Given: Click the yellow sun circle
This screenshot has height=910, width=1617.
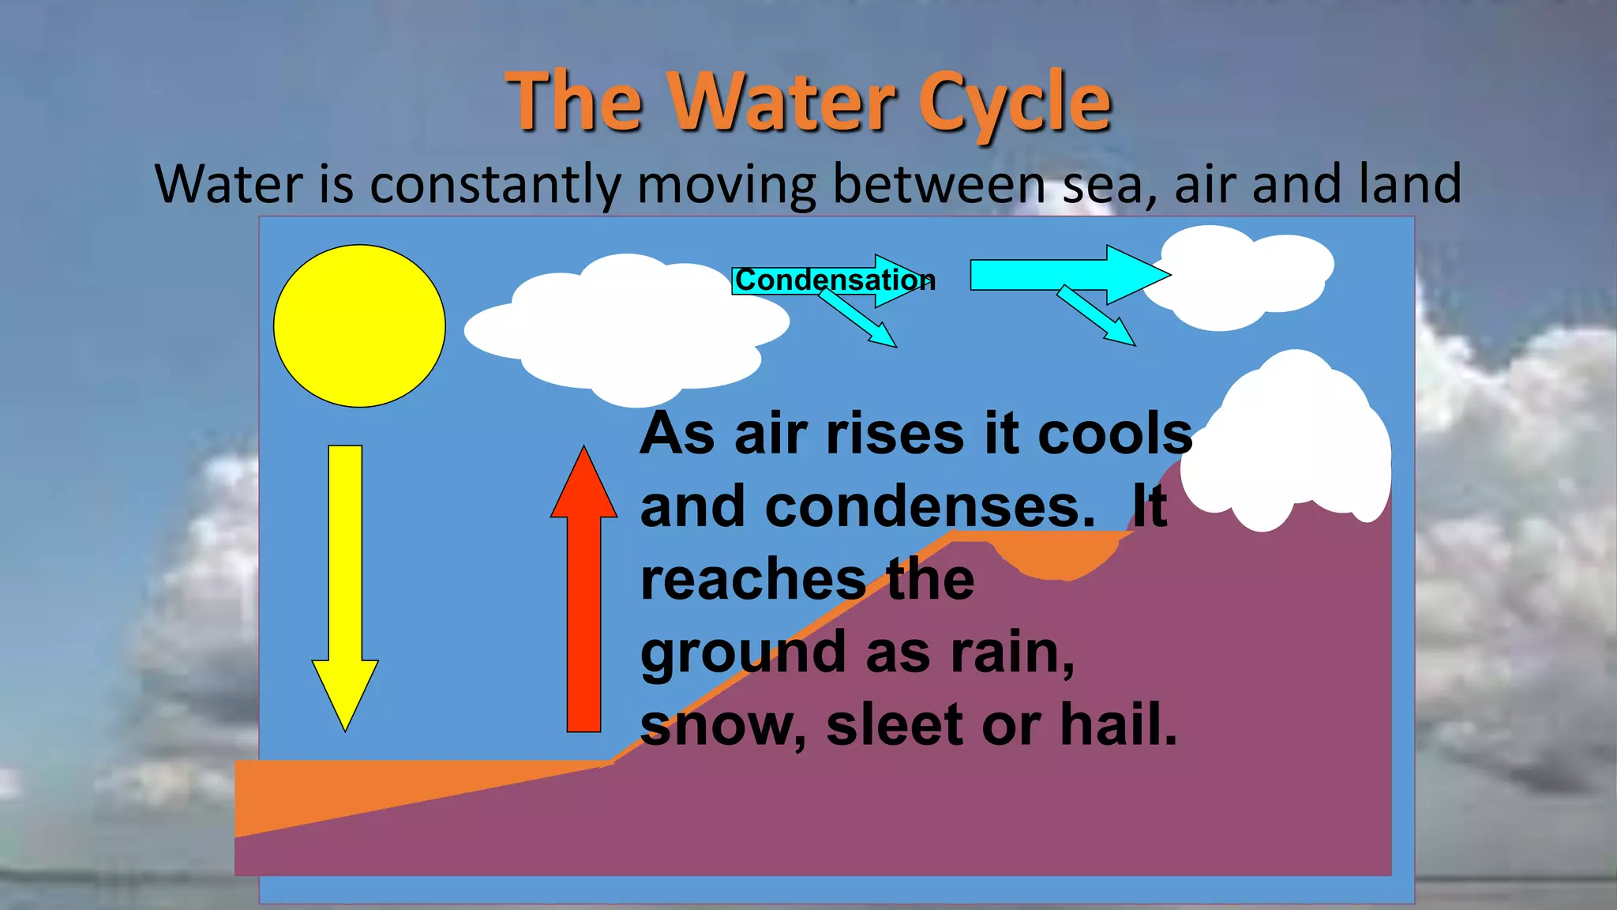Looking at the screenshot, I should pyautogui.click(x=359, y=325).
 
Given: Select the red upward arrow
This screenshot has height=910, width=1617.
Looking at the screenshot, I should pyautogui.click(x=583, y=600).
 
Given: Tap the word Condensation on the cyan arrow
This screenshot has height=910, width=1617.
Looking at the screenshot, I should pyautogui.click(x=833, y=280).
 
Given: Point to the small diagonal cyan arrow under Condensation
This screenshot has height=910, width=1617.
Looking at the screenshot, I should pyautogui.click(x=861, y=320).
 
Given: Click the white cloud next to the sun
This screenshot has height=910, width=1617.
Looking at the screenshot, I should pyautogui.click(x=624, y=328).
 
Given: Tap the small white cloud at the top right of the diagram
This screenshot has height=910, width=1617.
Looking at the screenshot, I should pyautogui.click(x=1240, y=276).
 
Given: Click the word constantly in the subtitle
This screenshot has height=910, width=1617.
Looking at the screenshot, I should pyautogui.click(x=495, y=184).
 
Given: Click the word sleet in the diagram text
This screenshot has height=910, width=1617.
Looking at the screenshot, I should pyautogui.click(x=895, y=724).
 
